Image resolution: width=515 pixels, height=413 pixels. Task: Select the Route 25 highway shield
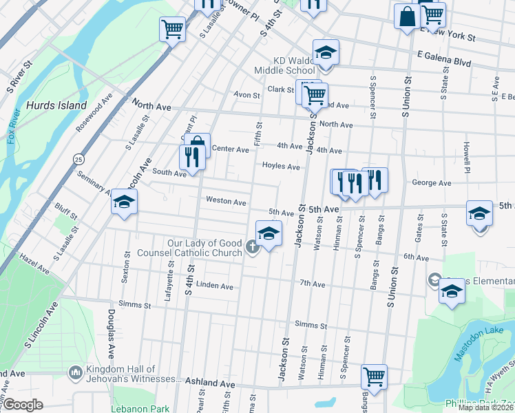[78, 159]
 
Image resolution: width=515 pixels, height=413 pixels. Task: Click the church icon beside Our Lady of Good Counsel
[253, 248]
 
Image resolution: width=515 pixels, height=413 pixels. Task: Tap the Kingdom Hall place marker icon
[75, 372]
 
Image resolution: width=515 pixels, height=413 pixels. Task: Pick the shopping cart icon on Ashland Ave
[374, 377]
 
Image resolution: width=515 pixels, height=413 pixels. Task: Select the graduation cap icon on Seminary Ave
[124, 202]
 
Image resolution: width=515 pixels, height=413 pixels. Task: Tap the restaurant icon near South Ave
[192, 157]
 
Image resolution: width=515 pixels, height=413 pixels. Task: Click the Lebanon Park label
[140, 408]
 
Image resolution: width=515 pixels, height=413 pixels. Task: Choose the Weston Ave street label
[226, 202]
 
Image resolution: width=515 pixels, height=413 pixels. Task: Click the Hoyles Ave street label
[281, 166]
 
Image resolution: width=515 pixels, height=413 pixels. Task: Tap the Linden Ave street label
[215, 286]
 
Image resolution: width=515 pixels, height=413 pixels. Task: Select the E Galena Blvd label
[444, 62]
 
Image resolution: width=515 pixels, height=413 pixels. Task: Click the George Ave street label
[431, 183]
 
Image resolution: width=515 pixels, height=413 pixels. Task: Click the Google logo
[23, 405]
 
